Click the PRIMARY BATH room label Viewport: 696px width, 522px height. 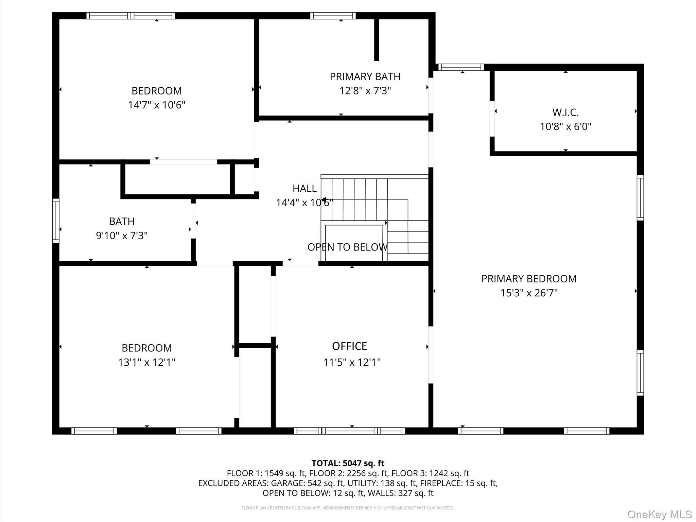(x=365, y=76)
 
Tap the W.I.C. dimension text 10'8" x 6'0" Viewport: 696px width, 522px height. (x=565, y=126)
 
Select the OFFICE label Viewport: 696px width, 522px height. (x=349, y=346)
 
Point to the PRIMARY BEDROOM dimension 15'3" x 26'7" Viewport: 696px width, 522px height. (x=529, y=293)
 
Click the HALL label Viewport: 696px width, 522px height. (x=304, y=188)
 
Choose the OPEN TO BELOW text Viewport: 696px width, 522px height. (x=347, y=247)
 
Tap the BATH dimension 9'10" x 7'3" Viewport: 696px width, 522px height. (x=122, y=236)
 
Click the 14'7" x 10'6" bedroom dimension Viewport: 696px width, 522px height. (x=156, y=105)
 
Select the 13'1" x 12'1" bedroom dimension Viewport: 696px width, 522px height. (x=146, y=362)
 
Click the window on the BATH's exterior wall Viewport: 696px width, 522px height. (x=55, y=221)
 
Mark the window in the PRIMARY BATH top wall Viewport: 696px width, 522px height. (x=333, y=16)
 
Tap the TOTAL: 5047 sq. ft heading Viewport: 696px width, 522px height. (x=348, y=463)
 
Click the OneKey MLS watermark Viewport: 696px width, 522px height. (x=659, y=514)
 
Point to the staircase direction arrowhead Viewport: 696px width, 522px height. (x=324, y=200)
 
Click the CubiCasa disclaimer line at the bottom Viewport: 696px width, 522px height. (x=348, y=508)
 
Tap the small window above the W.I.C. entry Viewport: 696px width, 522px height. (x=460, y=67)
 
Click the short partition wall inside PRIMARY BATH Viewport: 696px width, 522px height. (x=377, y=40)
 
